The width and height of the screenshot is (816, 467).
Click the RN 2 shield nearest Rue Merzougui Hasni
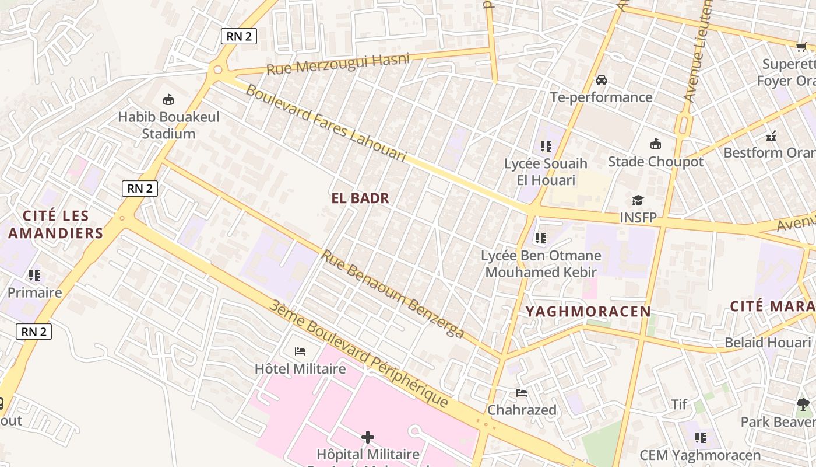point(239,36)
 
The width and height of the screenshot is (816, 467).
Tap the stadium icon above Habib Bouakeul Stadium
point(168,99)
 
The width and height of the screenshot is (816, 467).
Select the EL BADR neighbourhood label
point(360,198)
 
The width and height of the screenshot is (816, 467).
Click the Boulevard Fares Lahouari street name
point(325,123)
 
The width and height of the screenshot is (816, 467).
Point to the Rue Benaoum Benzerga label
point(392,294)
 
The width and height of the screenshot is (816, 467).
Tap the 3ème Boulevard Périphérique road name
point(359,354)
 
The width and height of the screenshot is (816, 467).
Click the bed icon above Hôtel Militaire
point(300,351)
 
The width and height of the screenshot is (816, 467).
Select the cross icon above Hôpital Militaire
point(368,437)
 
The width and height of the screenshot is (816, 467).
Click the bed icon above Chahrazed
point(522,393)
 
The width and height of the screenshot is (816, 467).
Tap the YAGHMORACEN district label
point(588,311)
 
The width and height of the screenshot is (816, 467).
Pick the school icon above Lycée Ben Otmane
point(541,238)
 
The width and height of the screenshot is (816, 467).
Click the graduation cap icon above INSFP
point(638,201)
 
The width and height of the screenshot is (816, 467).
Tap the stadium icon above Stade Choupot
point(656,144)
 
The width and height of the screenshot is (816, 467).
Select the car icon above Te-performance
point(602,79)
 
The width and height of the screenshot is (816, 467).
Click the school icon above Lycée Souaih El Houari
point(546,146)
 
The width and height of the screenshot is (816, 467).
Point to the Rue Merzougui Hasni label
point(338,64)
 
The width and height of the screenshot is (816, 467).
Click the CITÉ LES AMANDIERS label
point(56,225)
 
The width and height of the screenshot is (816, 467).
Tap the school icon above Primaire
point(34,275)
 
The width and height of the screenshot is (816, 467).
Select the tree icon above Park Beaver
point(803,404)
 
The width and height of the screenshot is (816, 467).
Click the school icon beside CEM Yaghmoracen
point(701,437)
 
